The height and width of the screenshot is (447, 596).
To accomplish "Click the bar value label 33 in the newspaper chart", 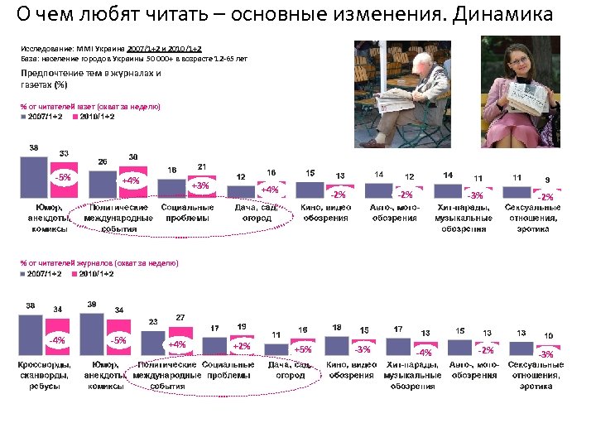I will (x=63, y=152).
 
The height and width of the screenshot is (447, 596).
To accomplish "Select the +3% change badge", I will (x=199, y=185).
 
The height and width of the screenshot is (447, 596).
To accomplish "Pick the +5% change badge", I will (x=303, y=349).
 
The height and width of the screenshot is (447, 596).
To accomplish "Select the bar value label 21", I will (x=201, y=166).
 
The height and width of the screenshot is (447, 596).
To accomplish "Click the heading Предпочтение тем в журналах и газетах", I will (x=91, y=79).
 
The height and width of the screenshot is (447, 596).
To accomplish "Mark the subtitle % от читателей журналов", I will (x=99, y=262).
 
